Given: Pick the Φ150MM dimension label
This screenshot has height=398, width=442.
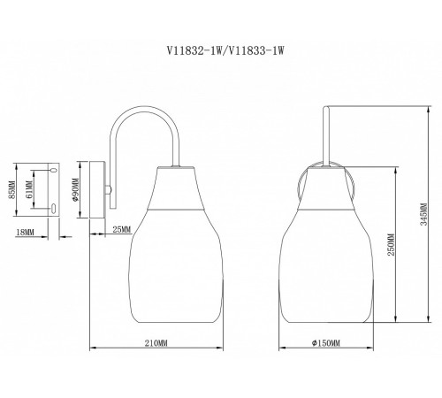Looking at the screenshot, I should coord(325,341).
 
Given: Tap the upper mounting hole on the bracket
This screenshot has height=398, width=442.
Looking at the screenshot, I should coord(54,167).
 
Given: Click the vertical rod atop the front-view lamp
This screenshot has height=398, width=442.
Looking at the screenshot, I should coord(328,133).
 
